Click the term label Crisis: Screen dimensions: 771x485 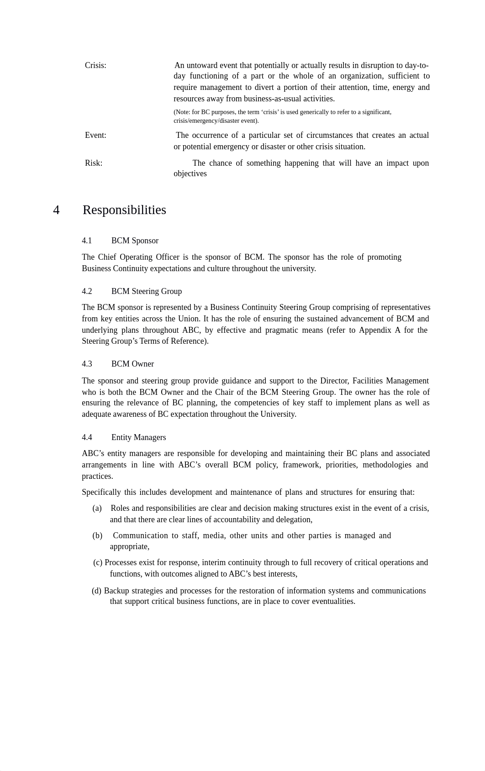tap(95, 65)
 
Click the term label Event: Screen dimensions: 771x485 tap(95, 135)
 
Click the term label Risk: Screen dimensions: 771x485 tap(94, 163)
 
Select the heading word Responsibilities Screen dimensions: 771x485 tap(124, 210)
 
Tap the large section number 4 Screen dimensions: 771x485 tap(56, 210)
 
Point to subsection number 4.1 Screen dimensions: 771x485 tap(87, 241)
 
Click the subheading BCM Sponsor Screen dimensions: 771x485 tap(135, 241)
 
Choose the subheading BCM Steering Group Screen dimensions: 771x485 tap(147, 291)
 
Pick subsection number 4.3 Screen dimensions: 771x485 tap(87, 364)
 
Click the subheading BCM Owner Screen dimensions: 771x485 tap(132, 364)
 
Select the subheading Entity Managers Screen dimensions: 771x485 tap(138, 437)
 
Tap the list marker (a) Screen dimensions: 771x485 tap(97, 508)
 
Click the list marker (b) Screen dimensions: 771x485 tap(97, 535)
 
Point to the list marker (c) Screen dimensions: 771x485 tap(98, 562)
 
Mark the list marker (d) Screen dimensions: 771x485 tap(96, 591)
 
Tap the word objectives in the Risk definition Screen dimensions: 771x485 tap(190, 173)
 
